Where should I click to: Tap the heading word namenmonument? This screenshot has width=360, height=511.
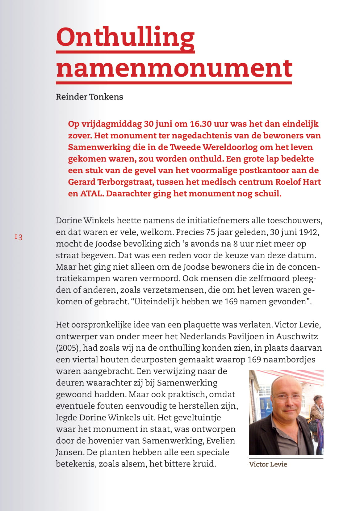pos(174,69)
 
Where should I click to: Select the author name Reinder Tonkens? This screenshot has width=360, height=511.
pos(89,97)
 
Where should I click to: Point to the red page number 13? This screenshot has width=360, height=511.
pos(19,237)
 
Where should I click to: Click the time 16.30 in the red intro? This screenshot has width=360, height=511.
pos(201,124)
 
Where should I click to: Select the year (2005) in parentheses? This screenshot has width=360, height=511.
pos(69,348)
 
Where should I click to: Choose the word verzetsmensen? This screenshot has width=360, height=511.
pos(178,290)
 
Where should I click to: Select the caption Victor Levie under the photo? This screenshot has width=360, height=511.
pos(268,464)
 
